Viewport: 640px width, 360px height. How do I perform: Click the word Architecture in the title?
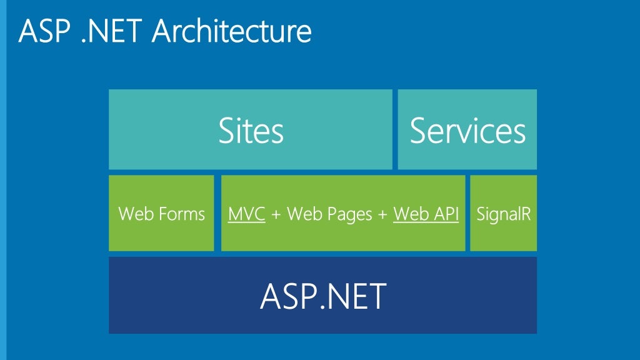tap(232, 31)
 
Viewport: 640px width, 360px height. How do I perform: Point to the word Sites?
tap(251, 131)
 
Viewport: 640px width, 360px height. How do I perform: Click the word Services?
tap(467, 131)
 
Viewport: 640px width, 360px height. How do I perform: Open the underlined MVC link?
tap(246, 214)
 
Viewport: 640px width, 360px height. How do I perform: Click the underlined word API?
tap(444, 214)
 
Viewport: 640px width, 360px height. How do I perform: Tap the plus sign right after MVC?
tap(276, 215)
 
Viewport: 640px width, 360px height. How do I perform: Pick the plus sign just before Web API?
tap(382, 215)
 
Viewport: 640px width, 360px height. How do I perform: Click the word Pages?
tap(349, 215)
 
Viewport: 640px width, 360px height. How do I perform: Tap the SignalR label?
tap(503, 214)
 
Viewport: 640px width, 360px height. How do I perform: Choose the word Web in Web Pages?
tap(303, 214)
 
